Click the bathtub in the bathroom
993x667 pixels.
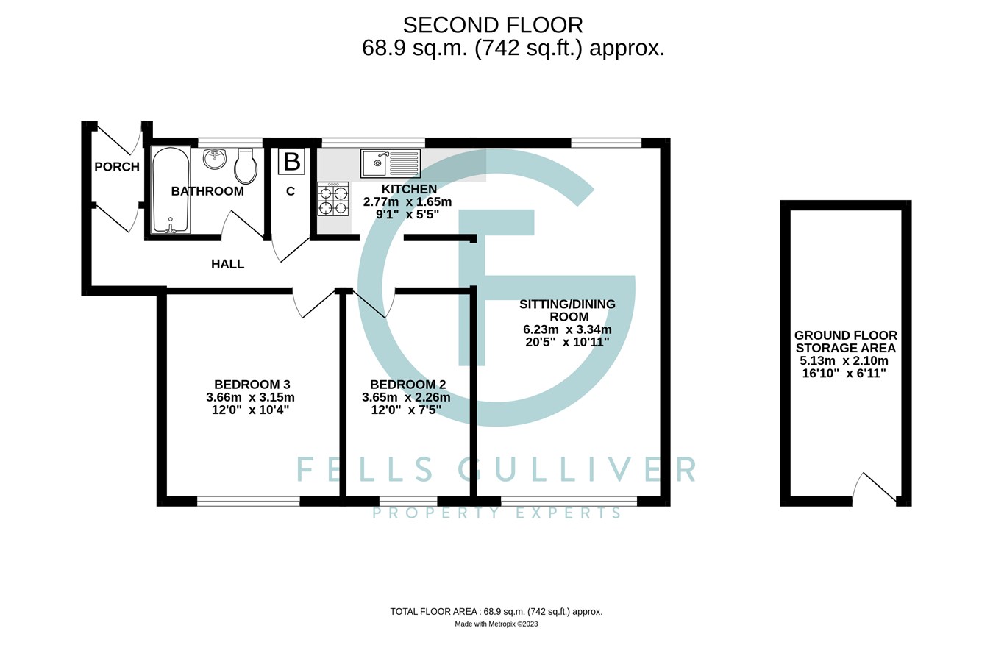click(x=171, y=190)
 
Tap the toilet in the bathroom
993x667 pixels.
click(x=246, y=167)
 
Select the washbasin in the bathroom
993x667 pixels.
click(x=215, y=158)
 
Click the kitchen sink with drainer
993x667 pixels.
click(x=391, y=163)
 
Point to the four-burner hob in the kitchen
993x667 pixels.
click(x=333, y=199)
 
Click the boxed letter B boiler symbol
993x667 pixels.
click(x=291, y=162)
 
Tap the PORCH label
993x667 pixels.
click(x=117, y=167)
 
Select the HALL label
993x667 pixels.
click(x=227, y=264)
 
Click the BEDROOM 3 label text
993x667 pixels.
click(x=252, y=385)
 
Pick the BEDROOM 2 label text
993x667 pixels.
click(x=407, y=385)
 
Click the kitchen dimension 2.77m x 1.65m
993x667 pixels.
click(x=407, y=201)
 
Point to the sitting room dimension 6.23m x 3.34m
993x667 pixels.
click(x=567, y=329)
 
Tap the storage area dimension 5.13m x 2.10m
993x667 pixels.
click(x=844, y=360)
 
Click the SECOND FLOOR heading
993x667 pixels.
click(x=493, y=25)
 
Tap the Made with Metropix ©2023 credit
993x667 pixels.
click(x=496, y=624)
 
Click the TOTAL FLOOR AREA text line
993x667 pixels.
click(x=496, y=611)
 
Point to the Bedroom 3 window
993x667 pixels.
click(x=249, y=502)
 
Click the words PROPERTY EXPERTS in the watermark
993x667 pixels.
click(x=497, y=513)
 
